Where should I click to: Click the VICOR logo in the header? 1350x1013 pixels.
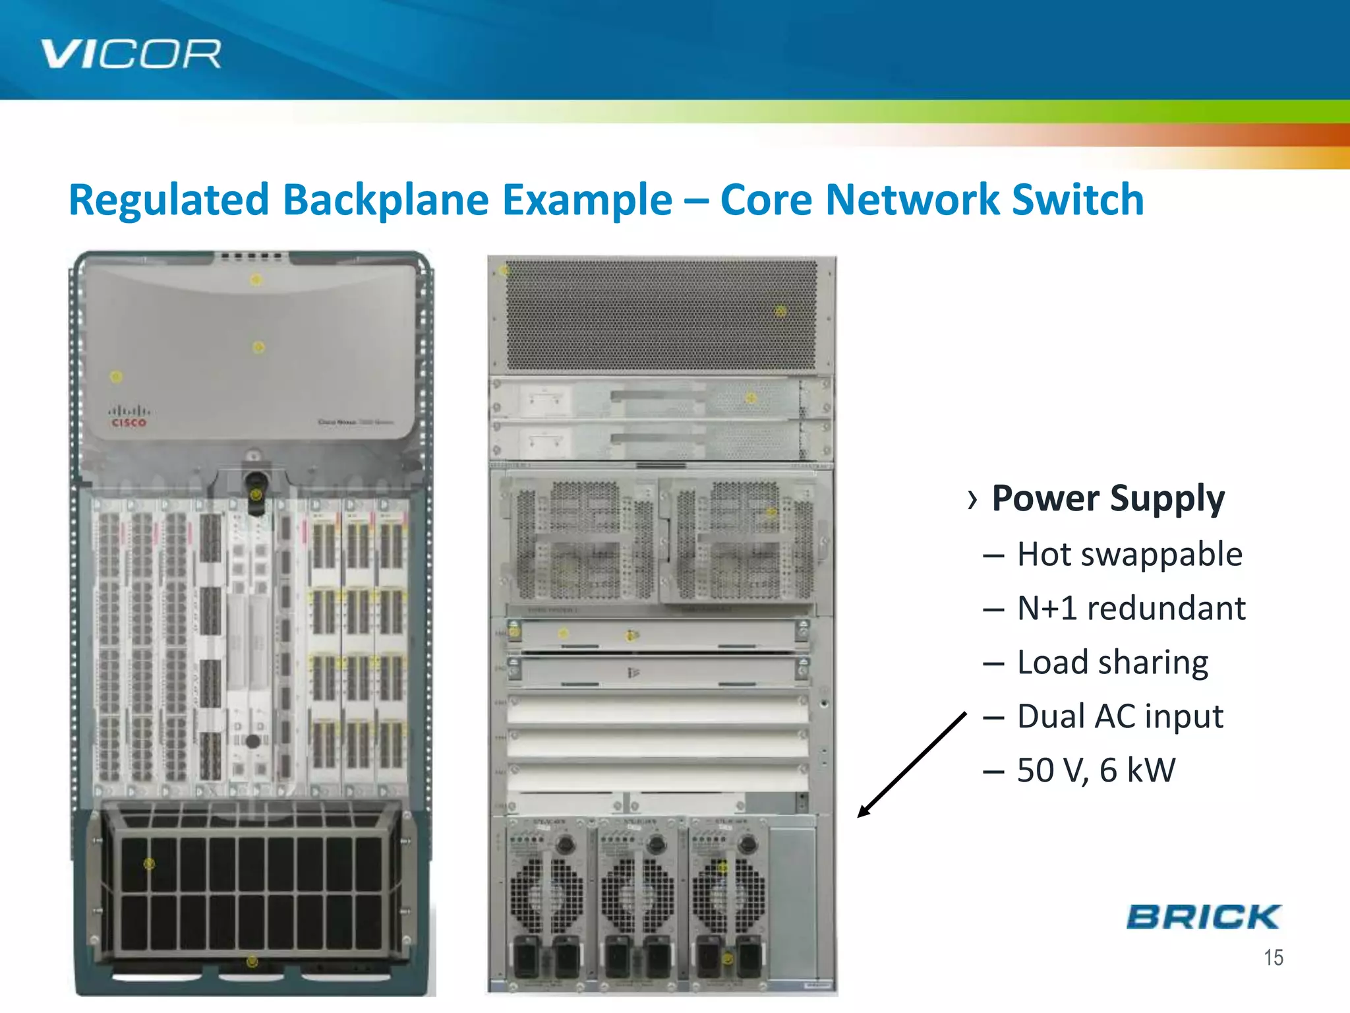coord(131,54)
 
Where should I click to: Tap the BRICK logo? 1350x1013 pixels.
coord(1203,917)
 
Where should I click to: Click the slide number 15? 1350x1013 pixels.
coord(1273,958)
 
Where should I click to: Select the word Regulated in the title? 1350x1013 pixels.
coord(169,200)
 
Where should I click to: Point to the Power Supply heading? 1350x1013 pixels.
coord(1107,498)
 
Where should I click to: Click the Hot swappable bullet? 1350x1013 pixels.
coord(1129,554)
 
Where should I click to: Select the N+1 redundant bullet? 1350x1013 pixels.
coord(1131,608)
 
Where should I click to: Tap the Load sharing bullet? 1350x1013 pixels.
coord(1112,662)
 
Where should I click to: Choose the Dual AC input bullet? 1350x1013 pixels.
coord(1120,716)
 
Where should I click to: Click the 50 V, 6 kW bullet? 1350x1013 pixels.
coord(1096,770)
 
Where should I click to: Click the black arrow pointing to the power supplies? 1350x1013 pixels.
coord(912,765)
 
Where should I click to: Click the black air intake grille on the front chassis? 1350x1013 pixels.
coord(250,890)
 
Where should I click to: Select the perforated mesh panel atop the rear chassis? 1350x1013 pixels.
coord(661,315)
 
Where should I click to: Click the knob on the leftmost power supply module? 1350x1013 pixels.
coord(564,844)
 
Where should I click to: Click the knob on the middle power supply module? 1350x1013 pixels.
coord(656,844)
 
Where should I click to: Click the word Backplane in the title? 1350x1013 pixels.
coord(385,200)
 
